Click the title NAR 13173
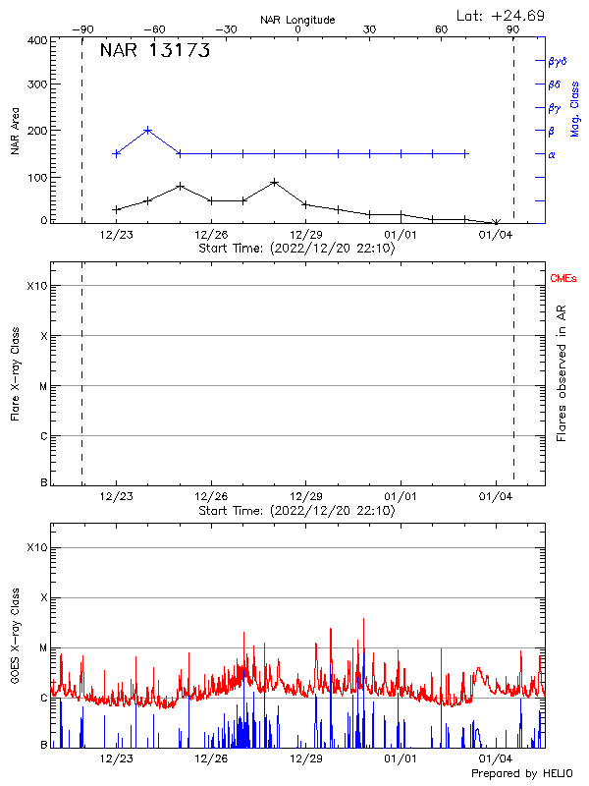tap(155, 52)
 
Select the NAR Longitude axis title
tap(297, 20)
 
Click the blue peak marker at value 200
tap(148, 130)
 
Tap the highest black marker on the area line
tap(275, 182)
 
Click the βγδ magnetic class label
tap(558, 61)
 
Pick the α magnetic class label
tap(552, 154)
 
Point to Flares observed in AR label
tap(562, 367)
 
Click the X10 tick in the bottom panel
tap(36, 546)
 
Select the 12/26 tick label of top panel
tap(211, 235)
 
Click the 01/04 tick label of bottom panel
tap(495, 758)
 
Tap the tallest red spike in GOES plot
tap(363, 619)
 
